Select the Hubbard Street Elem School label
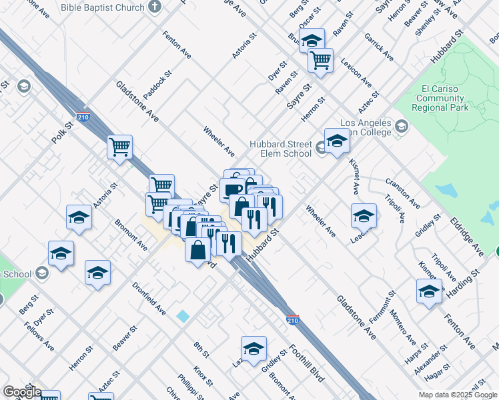click(280, 149)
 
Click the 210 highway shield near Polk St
click(83, 117)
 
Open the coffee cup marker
click(232, 189)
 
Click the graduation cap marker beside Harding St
click(429, 291)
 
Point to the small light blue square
click(183, 316)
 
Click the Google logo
click(21, 392)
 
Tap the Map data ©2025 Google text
click(458, 395)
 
